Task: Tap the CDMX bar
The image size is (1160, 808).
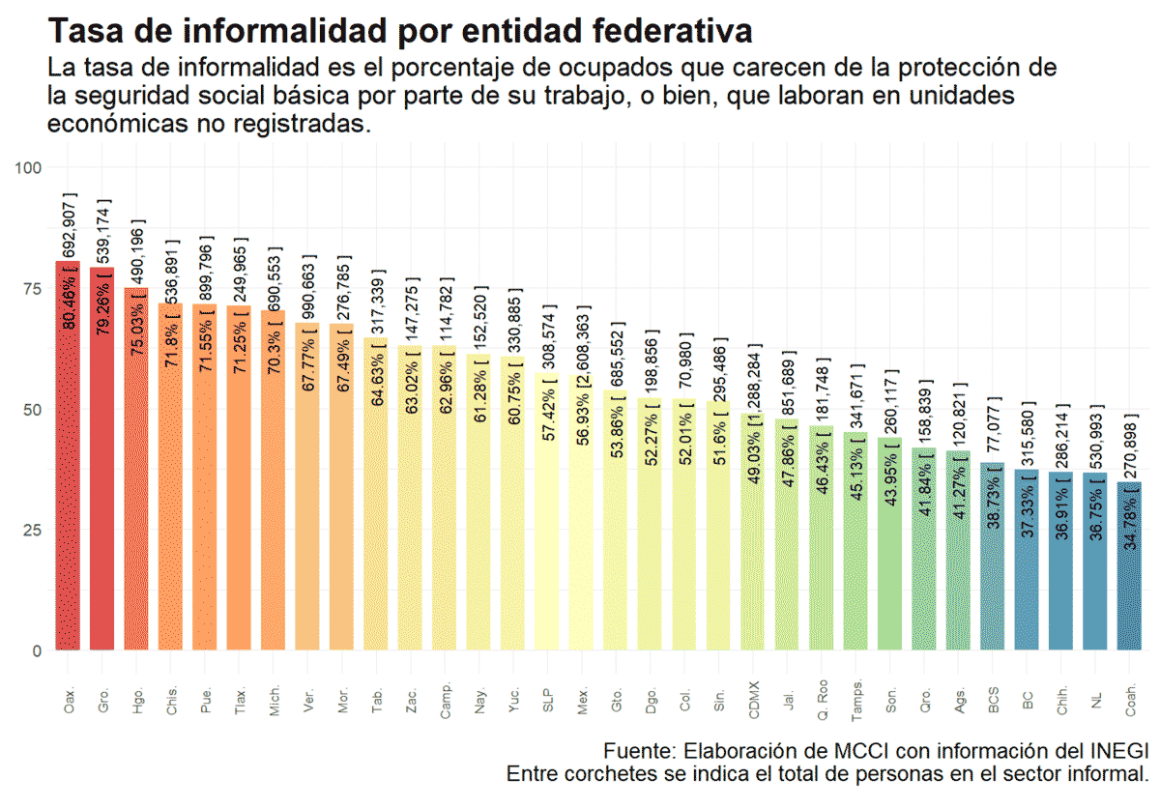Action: pos(753,561)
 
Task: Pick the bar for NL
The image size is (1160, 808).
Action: pos(1094,580)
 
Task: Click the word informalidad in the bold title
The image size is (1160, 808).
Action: pos(303,31)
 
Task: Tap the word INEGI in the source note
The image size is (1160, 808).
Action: pos(1119,751)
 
